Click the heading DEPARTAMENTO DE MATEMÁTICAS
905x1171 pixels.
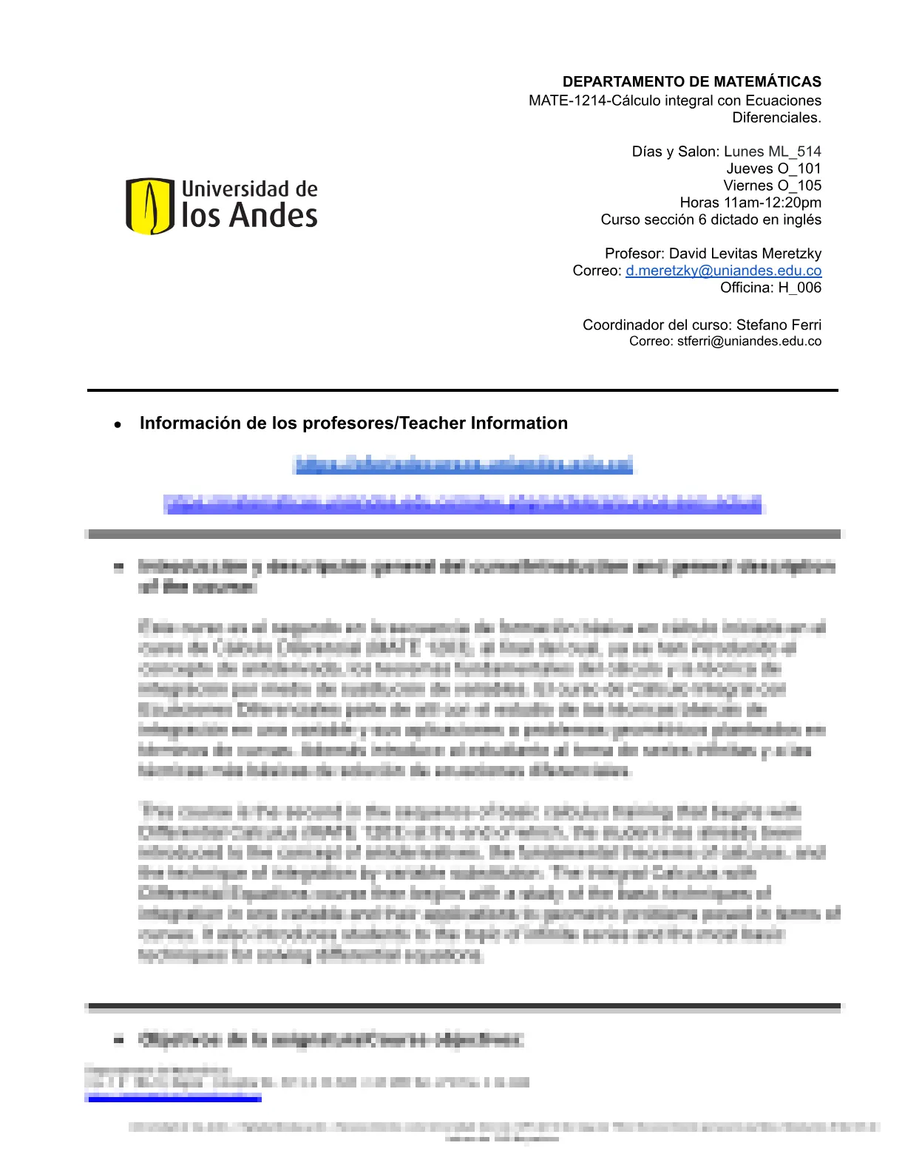coord(691,81)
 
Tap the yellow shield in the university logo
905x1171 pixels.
coord(150,206)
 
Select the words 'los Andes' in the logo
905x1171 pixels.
coord(249,216)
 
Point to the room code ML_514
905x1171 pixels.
coord(795,152)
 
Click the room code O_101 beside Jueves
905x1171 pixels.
coord(799,169)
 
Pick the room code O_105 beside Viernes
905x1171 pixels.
coord(799,186)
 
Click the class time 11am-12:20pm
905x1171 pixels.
coord(772,203)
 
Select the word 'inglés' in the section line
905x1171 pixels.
coord(802,220)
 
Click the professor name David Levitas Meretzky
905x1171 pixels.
coord(745,254)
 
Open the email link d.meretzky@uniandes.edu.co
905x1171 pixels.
coord(723,271)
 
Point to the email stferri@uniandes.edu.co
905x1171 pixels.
coord(749,342)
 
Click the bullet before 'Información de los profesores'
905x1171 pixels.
coord(118,425)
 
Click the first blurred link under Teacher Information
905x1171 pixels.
coord(464,464)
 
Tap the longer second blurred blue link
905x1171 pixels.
coord(463,504)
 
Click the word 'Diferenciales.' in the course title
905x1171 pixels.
coord(776,118)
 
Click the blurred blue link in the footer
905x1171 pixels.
coord(173,1099)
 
